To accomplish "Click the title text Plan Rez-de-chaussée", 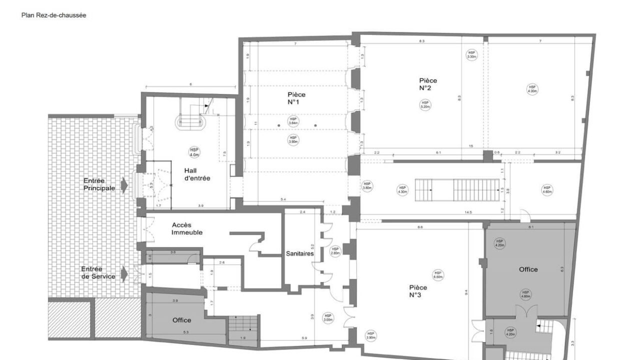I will [x=53, y=15].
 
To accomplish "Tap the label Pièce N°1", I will [x=296, y=98].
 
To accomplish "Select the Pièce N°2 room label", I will [x=428, y=84].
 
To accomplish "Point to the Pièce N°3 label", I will [x=418, y=291].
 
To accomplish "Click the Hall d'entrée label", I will [x=197, y=174].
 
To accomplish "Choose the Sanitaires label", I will [x=300, y=253].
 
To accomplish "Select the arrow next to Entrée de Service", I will [x=124, y=273].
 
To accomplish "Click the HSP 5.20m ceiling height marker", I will [x=425, y=104].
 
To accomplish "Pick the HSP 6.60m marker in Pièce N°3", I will [x=438, y=274].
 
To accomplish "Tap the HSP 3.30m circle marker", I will [x=471, y=54].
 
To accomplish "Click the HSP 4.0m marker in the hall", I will [x=193, y=151].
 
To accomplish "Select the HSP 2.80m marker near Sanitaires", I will [x=335, y=250].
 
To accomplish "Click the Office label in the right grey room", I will [x=528, y=269].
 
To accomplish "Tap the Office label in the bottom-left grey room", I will [x=181, y=320].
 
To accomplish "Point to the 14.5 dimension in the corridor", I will [x=468, y=213].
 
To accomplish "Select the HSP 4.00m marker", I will [x=532, y=89].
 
